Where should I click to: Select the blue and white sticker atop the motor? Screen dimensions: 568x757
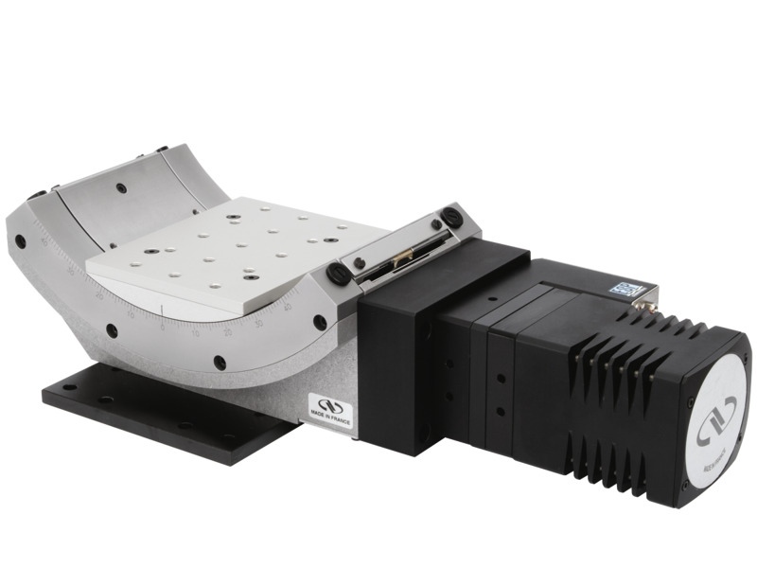pos(625,290)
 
